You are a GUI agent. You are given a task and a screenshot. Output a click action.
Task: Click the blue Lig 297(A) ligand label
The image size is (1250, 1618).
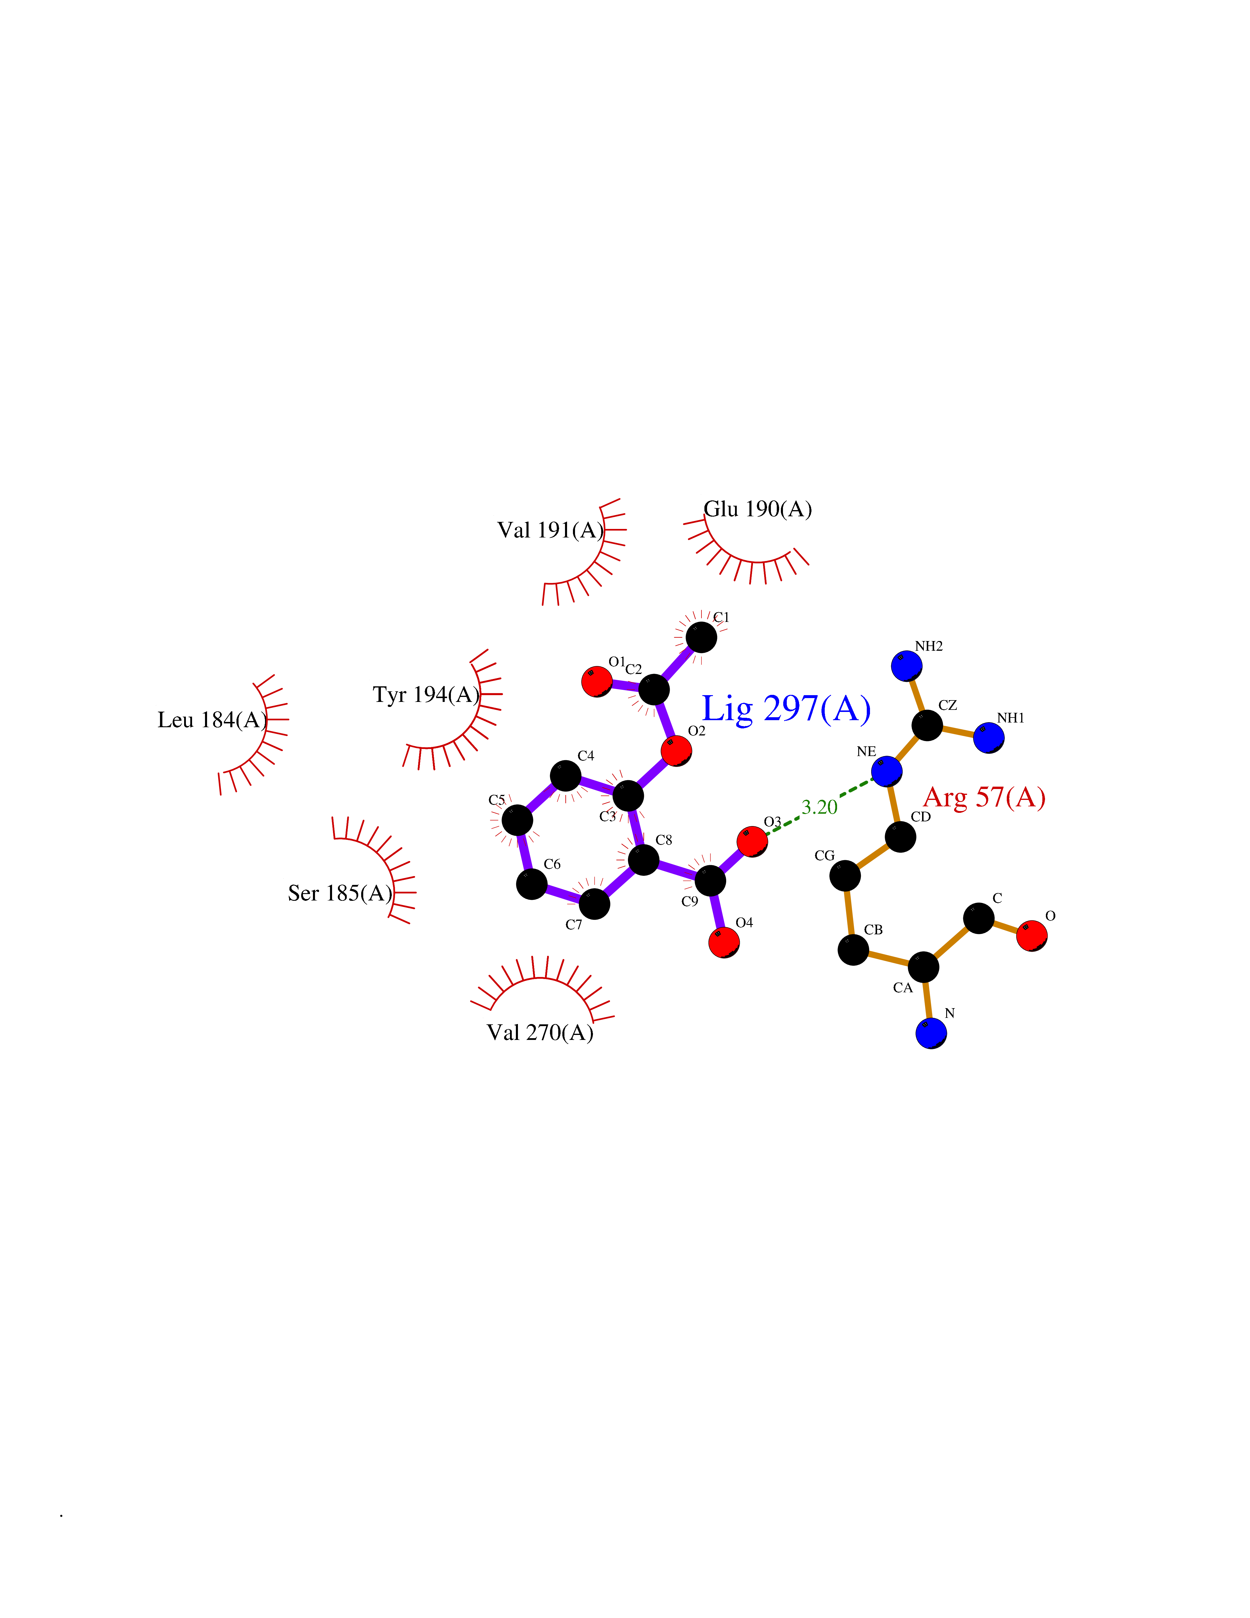(786, 709)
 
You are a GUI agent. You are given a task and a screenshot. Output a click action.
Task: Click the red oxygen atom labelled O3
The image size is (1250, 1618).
(752, 842)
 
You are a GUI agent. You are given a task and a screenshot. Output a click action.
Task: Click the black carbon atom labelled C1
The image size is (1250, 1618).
(701, 637)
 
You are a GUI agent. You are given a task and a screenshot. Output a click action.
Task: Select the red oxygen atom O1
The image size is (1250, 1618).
(597, 682)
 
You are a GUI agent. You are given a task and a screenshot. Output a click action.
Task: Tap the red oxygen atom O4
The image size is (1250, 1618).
(724, 942)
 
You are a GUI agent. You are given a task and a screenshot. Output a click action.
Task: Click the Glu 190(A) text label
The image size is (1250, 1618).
(758, 509)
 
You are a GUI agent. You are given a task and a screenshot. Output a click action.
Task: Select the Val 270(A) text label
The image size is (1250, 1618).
(540, 1033)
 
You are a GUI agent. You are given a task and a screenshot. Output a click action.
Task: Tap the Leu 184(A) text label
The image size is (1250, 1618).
(213, 720)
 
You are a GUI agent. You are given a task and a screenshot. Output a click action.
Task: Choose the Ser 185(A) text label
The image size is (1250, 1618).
(340, 893)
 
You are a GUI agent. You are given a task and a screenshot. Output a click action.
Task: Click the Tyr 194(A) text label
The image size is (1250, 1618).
(426, 695)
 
